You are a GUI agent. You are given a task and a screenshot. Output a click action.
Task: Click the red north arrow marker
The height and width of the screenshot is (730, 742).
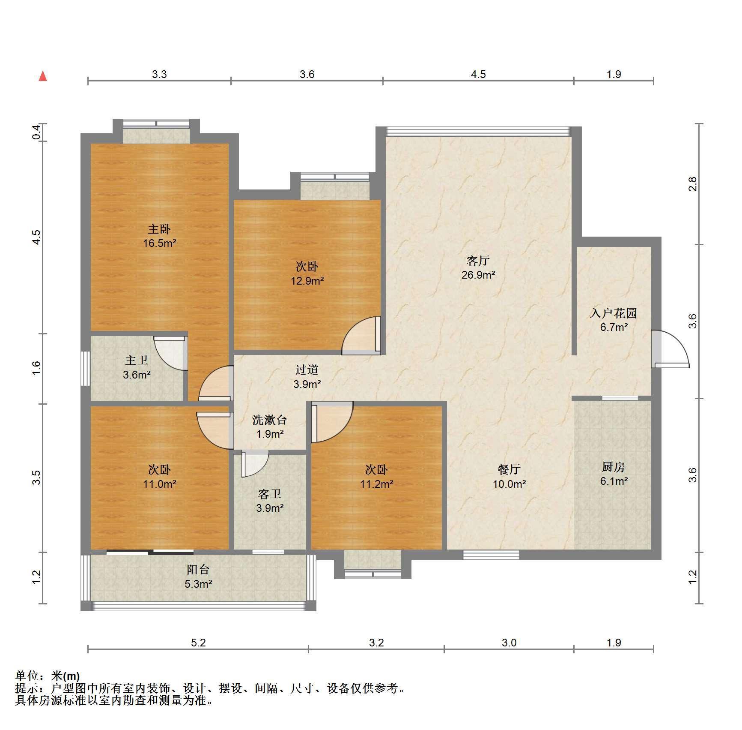pyautogui.click(x=43, y=76)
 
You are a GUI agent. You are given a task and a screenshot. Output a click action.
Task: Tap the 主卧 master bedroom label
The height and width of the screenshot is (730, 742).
pyautogui.click(x=159, y=229)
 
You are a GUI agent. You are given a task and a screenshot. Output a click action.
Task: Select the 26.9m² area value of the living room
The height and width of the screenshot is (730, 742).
pyautogui.click(x=478, y=275)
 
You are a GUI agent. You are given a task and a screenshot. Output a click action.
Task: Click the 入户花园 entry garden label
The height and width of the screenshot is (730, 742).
pyautogui.click(x=614, y=313)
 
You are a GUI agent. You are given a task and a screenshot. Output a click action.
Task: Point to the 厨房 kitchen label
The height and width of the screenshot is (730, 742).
pyautogui.click(x=614, y=467)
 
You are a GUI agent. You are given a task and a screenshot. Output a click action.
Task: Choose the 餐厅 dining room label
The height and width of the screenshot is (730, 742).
pyautogui.click(x=509, y=469)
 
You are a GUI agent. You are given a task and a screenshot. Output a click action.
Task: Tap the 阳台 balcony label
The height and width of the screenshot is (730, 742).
pyautogui.click(x=198, y=569)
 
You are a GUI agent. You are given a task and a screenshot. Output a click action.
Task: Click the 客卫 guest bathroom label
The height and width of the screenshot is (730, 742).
pyautogui.click(x=270, y=494)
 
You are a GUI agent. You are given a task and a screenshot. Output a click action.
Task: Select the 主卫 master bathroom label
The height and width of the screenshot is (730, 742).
pyautogui.click(x=137, y=360)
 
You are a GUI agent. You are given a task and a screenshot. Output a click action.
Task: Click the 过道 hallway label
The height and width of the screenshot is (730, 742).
pyautogui.click(x=307, y=370)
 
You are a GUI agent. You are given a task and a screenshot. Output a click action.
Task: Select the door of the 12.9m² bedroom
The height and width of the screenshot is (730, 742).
pyautogui.click(x=361, y=336)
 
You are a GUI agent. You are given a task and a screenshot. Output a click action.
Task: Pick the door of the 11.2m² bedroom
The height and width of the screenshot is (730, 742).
pyautogui.click(x=332, y=422)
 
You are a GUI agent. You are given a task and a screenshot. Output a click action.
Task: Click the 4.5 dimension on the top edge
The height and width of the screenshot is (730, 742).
pyautogui.click(x=478, y=74)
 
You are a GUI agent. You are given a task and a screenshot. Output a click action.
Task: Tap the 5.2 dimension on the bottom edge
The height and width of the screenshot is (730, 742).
pyautogui.click(x=198, y=643)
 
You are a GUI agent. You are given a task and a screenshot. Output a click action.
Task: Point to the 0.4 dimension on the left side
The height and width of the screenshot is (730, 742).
pyautogui.click(x=37, y=132)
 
